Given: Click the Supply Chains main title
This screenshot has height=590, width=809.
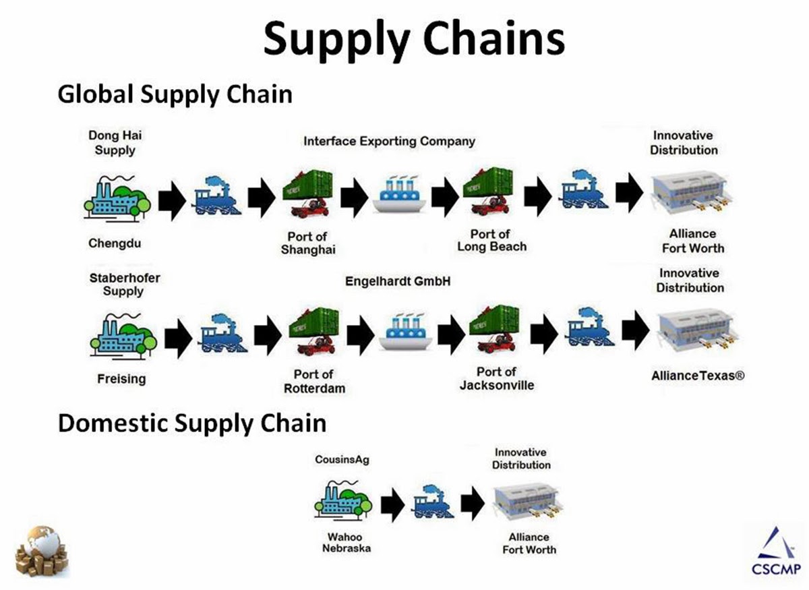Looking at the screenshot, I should [x=413, y=38].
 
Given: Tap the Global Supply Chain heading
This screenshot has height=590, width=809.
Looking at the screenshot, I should [x=175, y=94].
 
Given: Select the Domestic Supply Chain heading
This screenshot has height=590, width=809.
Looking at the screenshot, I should [x=192, y=423].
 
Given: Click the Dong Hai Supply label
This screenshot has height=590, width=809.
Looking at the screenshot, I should [x=115, y=143].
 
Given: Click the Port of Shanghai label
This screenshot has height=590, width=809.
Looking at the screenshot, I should [x=308, y=243].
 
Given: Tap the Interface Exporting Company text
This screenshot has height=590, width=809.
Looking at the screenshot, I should [x=389, y=141].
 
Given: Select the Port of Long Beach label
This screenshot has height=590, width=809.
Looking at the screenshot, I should [x=491, y=240].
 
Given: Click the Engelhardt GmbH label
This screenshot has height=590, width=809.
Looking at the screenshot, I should [x=398, y=281].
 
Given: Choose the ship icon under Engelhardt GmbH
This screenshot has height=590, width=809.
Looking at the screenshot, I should [x=405, y=331].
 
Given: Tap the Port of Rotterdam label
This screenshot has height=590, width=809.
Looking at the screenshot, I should [x=314, y=381].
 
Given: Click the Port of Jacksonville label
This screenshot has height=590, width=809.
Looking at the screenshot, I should [x=497, y=378].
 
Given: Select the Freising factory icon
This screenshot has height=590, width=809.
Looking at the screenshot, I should [x=122, y=333].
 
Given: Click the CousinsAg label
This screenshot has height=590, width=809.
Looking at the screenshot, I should [x=342, y=460].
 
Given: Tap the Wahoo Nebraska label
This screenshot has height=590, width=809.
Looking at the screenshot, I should [x=346, y=543].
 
